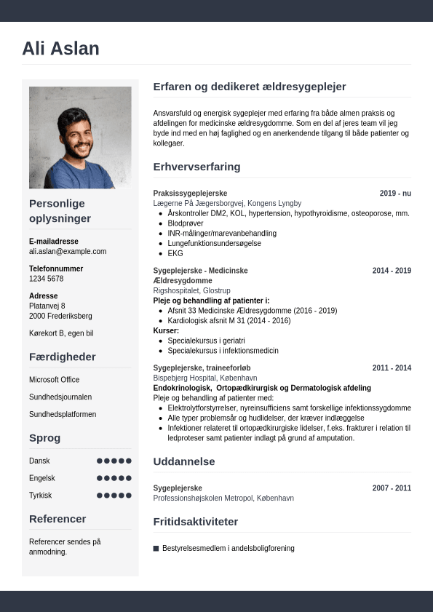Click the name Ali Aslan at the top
tap(60, 49)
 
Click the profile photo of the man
tap(80, 138)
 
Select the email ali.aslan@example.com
tap(68, 251)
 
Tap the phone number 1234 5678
tap(46, 279)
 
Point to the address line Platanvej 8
tap(47, 306)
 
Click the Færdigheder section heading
tap(63, 357)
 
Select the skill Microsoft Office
tap(55, 380)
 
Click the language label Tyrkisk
tap(40, 495)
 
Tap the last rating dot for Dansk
tap(129, 461)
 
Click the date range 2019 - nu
tap(395, 194)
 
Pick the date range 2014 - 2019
tap(392, 271)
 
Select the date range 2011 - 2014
tap(392, 368)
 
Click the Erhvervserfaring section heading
tap(196, 167)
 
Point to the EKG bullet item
tap(175, 253)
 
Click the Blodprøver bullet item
tap(186, 223)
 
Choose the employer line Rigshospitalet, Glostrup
tap(192, 290)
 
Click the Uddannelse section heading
tap(183, 461)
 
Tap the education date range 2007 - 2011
tap(392, 488)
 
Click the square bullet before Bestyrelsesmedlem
tap(156, 548)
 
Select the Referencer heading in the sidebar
tap(57, 519)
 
